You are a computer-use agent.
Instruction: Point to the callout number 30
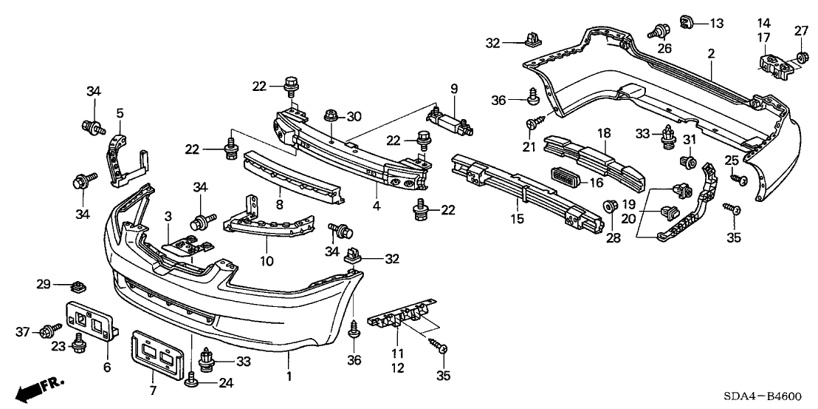355,115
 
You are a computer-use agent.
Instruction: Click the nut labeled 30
331,115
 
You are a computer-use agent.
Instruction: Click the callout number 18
604,132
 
